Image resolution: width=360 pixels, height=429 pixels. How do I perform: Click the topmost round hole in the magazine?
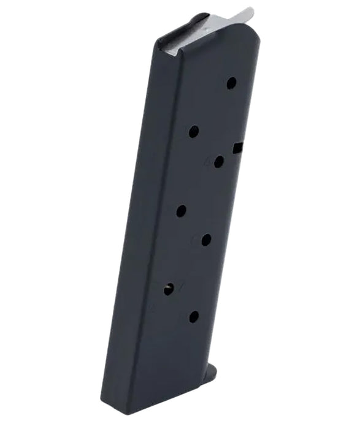[231, 83]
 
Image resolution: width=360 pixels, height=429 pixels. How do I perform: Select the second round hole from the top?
[193, 131]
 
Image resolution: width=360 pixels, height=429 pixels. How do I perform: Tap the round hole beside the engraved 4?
[218, 161]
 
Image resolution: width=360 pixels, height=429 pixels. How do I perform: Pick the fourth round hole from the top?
[181, 211]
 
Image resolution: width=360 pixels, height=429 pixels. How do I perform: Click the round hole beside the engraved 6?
[206, 240]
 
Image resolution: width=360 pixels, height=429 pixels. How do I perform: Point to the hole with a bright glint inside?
[169, 289]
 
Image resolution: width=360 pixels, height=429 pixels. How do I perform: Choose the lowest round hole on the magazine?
[193, 317]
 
